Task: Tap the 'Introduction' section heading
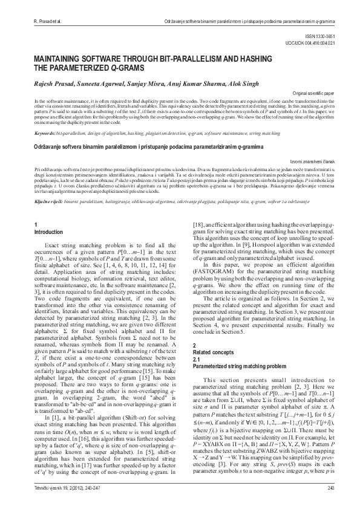coord(48,232)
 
